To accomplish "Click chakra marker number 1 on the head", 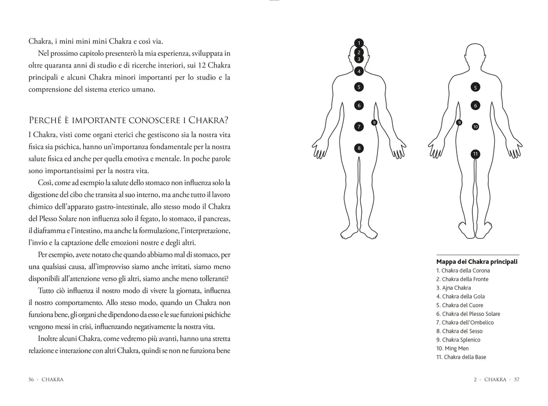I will (x=359, y=43).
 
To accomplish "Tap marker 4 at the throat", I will (x=359, y=71).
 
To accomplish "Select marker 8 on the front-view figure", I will (x=359, y=148).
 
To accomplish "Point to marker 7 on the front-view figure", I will (x=359, y=126).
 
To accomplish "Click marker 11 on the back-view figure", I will (x=475, y=154).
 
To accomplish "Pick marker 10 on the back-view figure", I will (x=475, y=126).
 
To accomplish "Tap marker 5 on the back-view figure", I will (x=475, y=87).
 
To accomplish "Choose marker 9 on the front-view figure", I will (x=374, y=122).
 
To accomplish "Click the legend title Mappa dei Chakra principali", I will (x=476, y=262).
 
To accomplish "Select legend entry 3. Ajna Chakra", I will (x=454, y=288).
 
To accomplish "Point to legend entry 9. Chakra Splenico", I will (x=458, y=340).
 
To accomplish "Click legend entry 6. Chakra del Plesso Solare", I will (x=468, y=314).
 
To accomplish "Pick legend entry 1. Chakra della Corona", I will (x=463, y=270).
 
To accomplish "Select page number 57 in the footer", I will (x=517, y=379).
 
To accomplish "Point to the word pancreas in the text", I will (x=215, y=218).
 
